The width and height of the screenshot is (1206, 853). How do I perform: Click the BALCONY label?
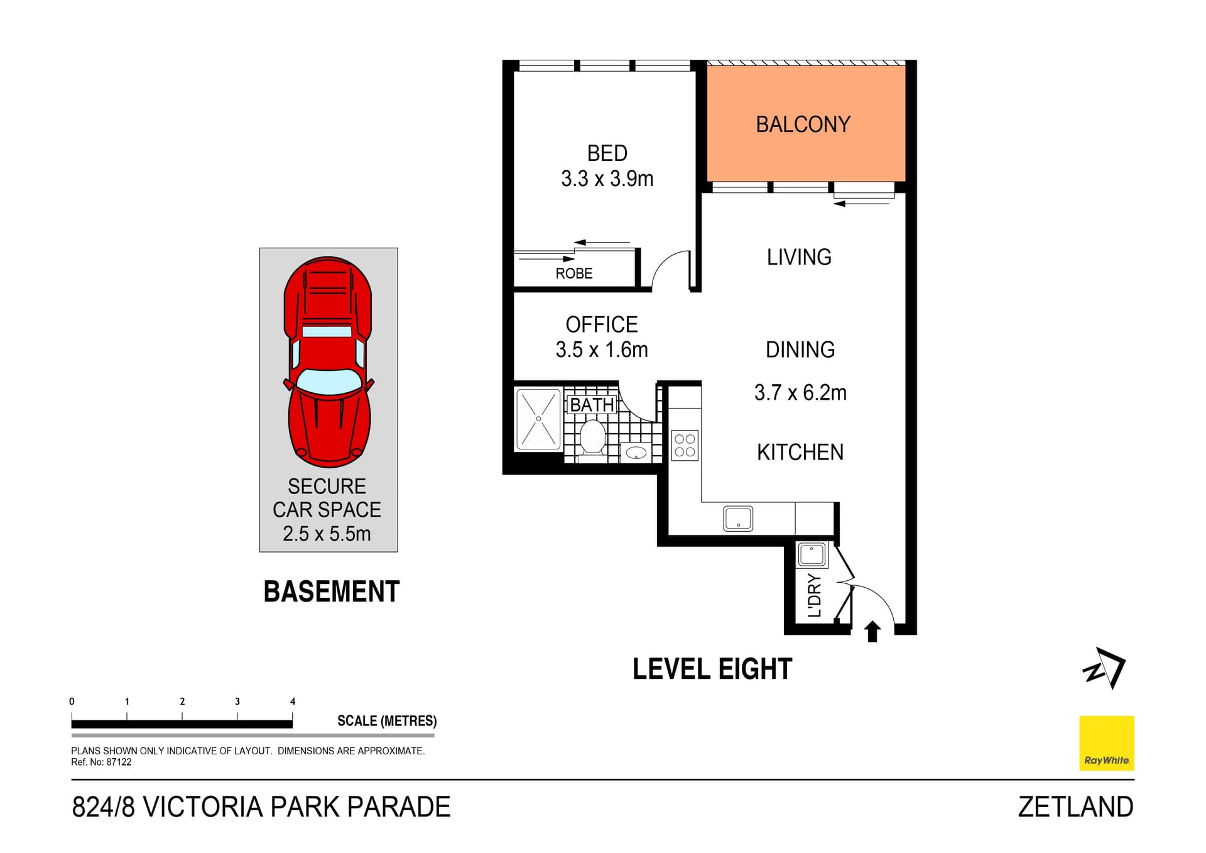tap(802, 124)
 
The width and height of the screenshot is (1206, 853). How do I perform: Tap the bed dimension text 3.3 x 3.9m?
tap(607, 179)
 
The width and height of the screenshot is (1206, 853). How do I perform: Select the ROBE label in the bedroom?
tap(573, 273)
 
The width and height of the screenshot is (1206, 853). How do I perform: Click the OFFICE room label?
tap(601, 324)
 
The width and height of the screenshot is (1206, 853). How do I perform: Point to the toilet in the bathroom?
tap(592, 438)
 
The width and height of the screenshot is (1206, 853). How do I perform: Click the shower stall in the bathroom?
tap(538, 419)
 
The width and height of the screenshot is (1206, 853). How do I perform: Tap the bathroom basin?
tap(636, 452)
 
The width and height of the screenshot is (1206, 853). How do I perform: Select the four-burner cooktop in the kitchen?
tap(685, 445)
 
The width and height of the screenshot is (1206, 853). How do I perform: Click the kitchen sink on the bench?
tap(738, 519)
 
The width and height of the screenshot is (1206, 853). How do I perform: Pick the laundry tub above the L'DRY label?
tap(811, 555)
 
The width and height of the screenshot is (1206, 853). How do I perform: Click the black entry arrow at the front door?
tap(872, 631)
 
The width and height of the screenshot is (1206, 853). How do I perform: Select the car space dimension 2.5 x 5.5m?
tap(327, 534)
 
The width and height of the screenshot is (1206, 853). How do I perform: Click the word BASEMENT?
tap(331, 592)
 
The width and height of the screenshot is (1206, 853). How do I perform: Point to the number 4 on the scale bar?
tap(293, 702)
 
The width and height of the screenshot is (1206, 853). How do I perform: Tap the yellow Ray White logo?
tap(1106, 743)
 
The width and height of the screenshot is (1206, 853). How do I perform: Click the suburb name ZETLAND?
tap(1075, 807)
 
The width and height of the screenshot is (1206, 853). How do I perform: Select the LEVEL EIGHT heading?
tap(712, 669)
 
